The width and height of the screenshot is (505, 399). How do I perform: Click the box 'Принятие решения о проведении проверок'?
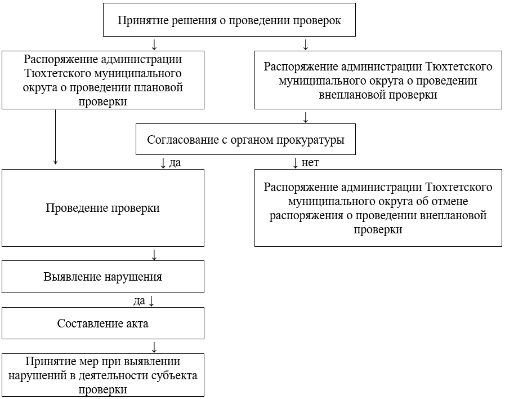pyautogui.click(x=229, y=20)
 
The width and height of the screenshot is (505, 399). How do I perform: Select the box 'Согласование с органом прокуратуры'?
pyautogui.click(x=245, y=140)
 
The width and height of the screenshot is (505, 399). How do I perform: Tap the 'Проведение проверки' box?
pyautogui.click(x=102, y=208)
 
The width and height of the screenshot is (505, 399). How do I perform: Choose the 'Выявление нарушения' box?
pyautogui.click(x=102, y=277)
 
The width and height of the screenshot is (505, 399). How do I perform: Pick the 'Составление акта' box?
pyautogui.click(x=102, y=323)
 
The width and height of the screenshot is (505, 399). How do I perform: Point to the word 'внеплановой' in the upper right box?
pyautogui.click(x=353, y=95)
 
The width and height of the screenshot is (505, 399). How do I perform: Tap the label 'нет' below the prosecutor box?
pyautogui.click(x=310, y=163)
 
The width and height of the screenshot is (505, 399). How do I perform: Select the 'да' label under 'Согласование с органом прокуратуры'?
pyautogui.click(x=175, y=163)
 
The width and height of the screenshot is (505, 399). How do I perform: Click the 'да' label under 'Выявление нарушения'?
pyautogui.click(x=139, y=301)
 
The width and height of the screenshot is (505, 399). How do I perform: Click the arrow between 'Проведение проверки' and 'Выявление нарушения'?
pyautogui.click(x=154, y=254)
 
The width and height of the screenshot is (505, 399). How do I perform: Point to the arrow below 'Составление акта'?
pyautogui.click(x=154, y=347)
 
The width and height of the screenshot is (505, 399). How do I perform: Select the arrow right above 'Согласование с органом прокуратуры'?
pyautogui.click(x=306, y=117)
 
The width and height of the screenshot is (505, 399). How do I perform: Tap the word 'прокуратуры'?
pyautogui.click(x=314, y=140)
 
